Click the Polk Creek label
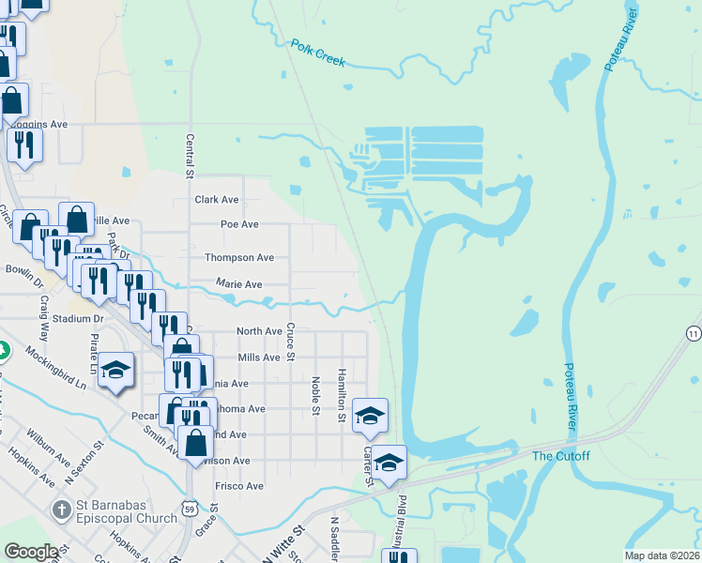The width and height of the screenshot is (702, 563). (317, 53)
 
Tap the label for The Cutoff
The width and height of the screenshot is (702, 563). (561, 456)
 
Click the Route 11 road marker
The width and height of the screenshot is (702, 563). (693, 333)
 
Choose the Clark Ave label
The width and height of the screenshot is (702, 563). (217, 200)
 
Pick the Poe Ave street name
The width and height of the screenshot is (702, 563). (239, 225)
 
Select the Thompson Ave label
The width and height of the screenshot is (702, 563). (239, 257)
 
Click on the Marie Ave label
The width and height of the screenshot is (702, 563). (239, 283)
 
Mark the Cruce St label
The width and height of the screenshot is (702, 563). (290, 342)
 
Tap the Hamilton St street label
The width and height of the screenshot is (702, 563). (342, 394)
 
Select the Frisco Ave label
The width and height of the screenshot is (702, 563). (239, 486)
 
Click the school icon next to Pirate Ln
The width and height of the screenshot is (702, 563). (116, 371)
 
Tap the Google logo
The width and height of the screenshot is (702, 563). (31, 552)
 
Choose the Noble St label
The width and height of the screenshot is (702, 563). (315, 394)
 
